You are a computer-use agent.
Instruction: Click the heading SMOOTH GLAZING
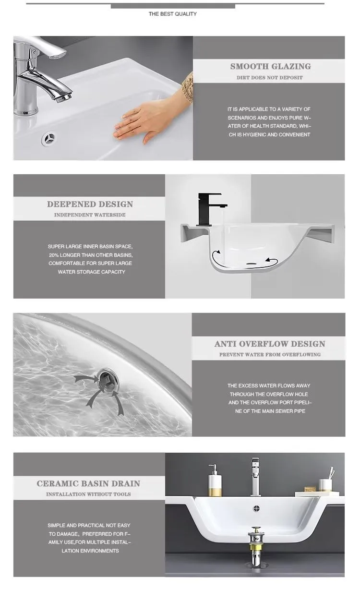(270, 67)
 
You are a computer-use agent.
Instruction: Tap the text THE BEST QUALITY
(172, 14)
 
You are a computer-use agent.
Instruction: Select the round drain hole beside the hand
(49, 140)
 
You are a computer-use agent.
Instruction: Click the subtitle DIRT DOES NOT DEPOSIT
(269, 78)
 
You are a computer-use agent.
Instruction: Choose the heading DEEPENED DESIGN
(90, 204)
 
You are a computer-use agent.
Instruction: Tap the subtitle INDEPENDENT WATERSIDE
(90, 215)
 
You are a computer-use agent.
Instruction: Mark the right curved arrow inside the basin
(272, 261)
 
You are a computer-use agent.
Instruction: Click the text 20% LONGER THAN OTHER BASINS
(90, 255)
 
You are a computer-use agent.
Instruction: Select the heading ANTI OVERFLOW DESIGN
(269, 344)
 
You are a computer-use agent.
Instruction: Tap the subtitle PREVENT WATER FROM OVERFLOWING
(270, 355)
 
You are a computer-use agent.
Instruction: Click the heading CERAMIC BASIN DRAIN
(88, 483)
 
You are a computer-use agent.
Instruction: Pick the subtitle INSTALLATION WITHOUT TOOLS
(88, 494)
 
